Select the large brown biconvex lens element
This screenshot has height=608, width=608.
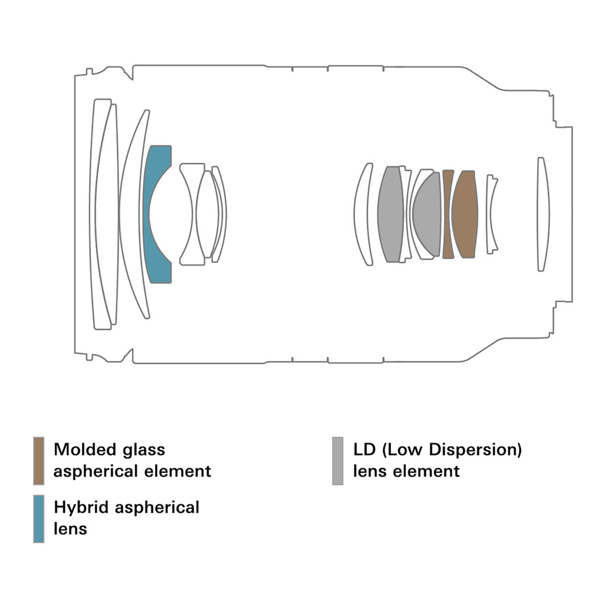tap(465, 214)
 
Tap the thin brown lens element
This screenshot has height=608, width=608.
tap(448, 214)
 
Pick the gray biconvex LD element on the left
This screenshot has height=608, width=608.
tap(390, 214)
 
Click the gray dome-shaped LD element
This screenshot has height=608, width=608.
tap(428, 214)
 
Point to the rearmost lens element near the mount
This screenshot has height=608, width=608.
tap(543, 214)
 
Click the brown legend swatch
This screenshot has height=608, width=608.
tap(39, 461)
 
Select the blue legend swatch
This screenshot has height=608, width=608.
tap(39, 518)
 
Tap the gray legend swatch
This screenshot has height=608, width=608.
tap(337, 461)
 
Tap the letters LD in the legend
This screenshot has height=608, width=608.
tap(364, 450)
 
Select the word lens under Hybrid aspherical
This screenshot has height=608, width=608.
tap(70, 528)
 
